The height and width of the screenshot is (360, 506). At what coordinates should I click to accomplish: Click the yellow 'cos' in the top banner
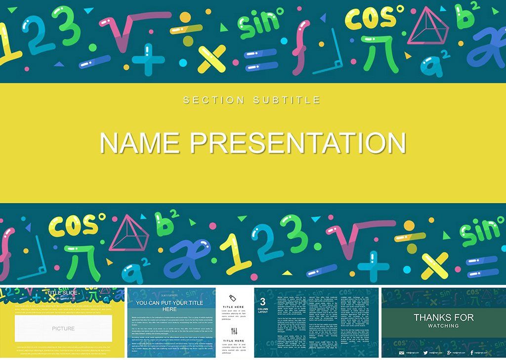tap(371, 19)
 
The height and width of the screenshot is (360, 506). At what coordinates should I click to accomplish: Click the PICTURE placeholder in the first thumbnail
tap(63, 328)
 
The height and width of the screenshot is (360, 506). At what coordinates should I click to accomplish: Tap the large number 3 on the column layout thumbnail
tap(263, 302)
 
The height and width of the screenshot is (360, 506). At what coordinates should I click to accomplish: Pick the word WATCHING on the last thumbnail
tap(443, 326)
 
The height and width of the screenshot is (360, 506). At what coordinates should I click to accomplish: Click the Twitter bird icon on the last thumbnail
tap(425, 352)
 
